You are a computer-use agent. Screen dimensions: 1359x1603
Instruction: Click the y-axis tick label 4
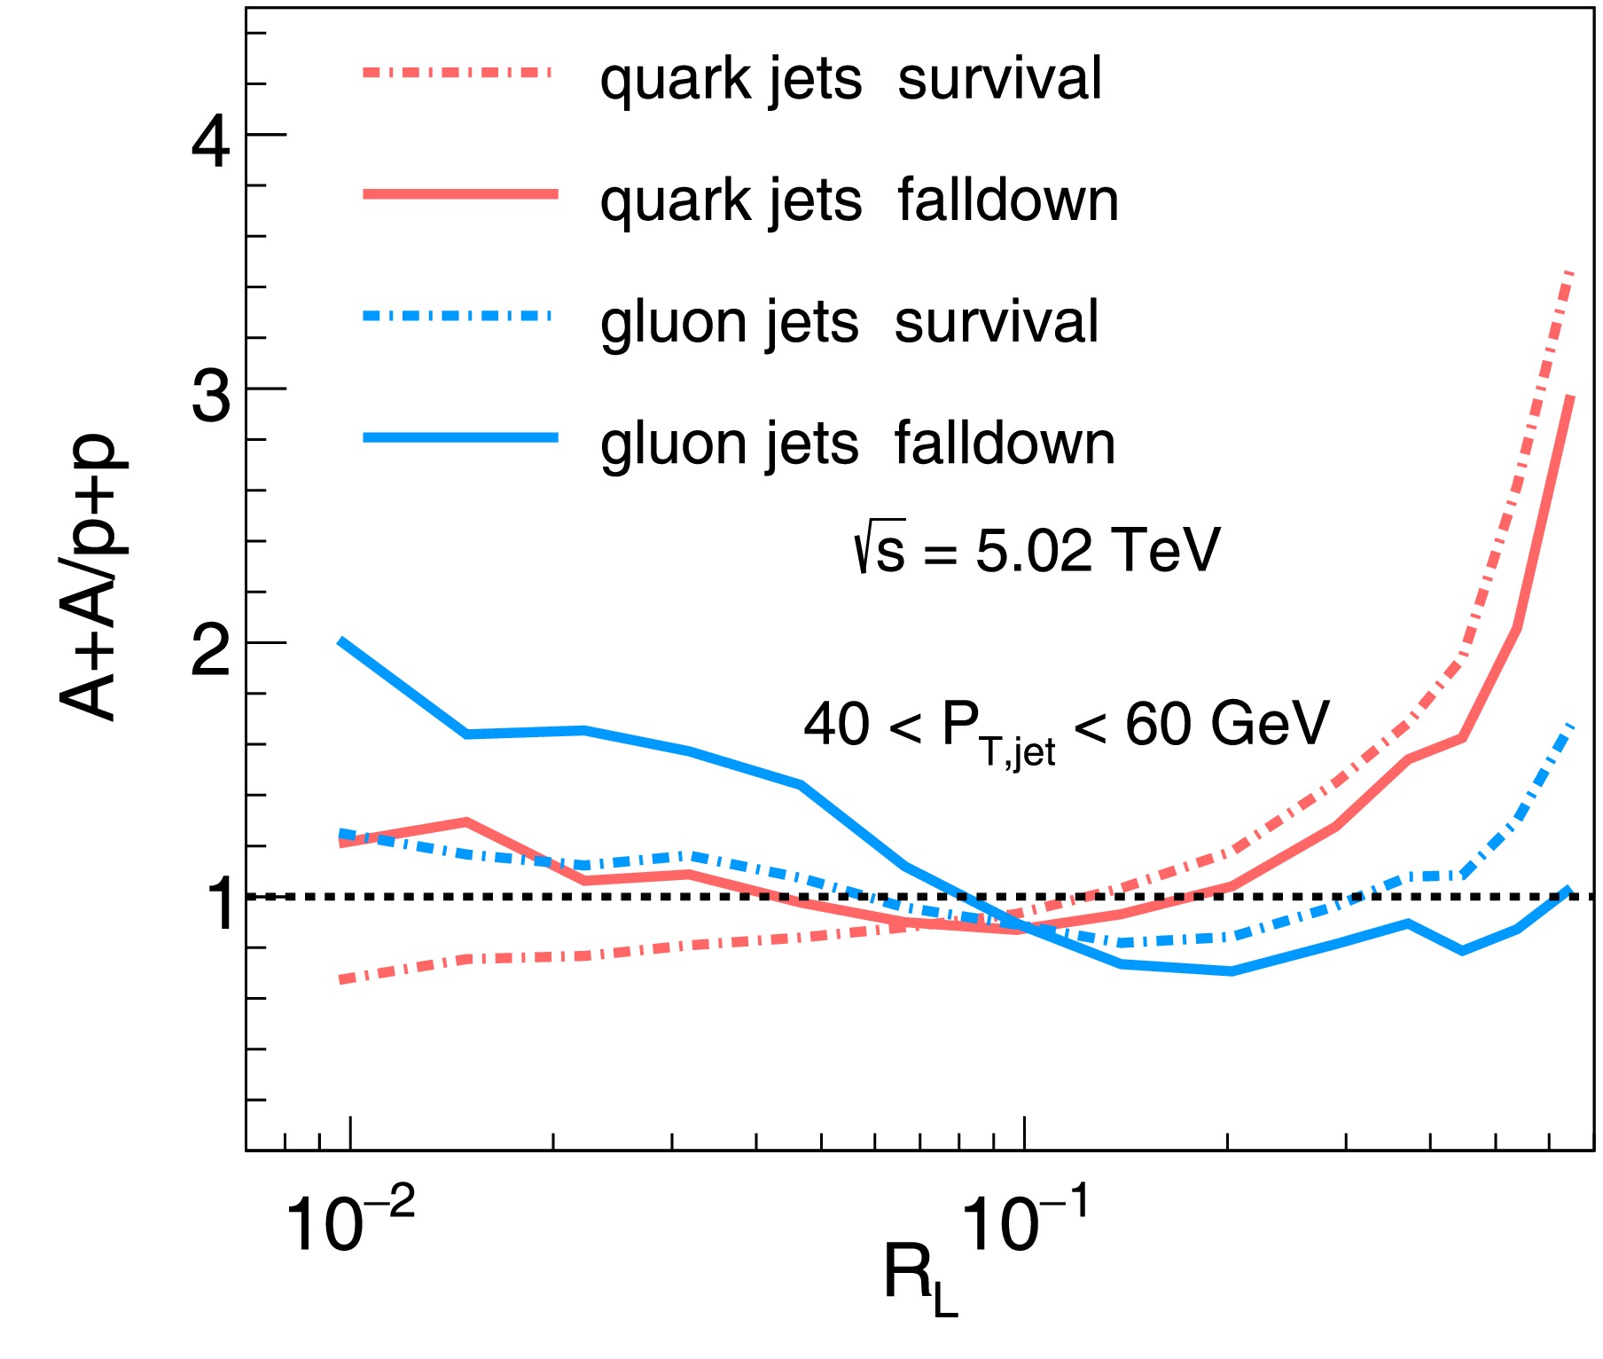tap(211, 141)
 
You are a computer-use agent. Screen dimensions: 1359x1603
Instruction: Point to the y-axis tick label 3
tap(211, 396)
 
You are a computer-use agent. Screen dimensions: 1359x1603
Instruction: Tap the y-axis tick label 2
tap(211, 650)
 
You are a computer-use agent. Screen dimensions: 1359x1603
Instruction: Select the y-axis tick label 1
tap(218, 904)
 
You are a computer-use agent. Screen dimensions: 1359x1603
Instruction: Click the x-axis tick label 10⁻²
tap(349, 1222)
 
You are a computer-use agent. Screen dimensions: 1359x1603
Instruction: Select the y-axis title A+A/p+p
tap(89, 577)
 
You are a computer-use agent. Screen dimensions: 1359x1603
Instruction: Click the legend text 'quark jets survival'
tap(850, 79)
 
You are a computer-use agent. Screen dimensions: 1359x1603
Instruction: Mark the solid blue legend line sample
tap(460, 436)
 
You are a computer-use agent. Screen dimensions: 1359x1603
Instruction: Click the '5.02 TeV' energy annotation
tap(1097, 550)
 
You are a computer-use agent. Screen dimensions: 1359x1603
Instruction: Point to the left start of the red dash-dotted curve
tap(341, 980)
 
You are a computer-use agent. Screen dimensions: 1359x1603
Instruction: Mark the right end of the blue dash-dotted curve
tap(1569, 727)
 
